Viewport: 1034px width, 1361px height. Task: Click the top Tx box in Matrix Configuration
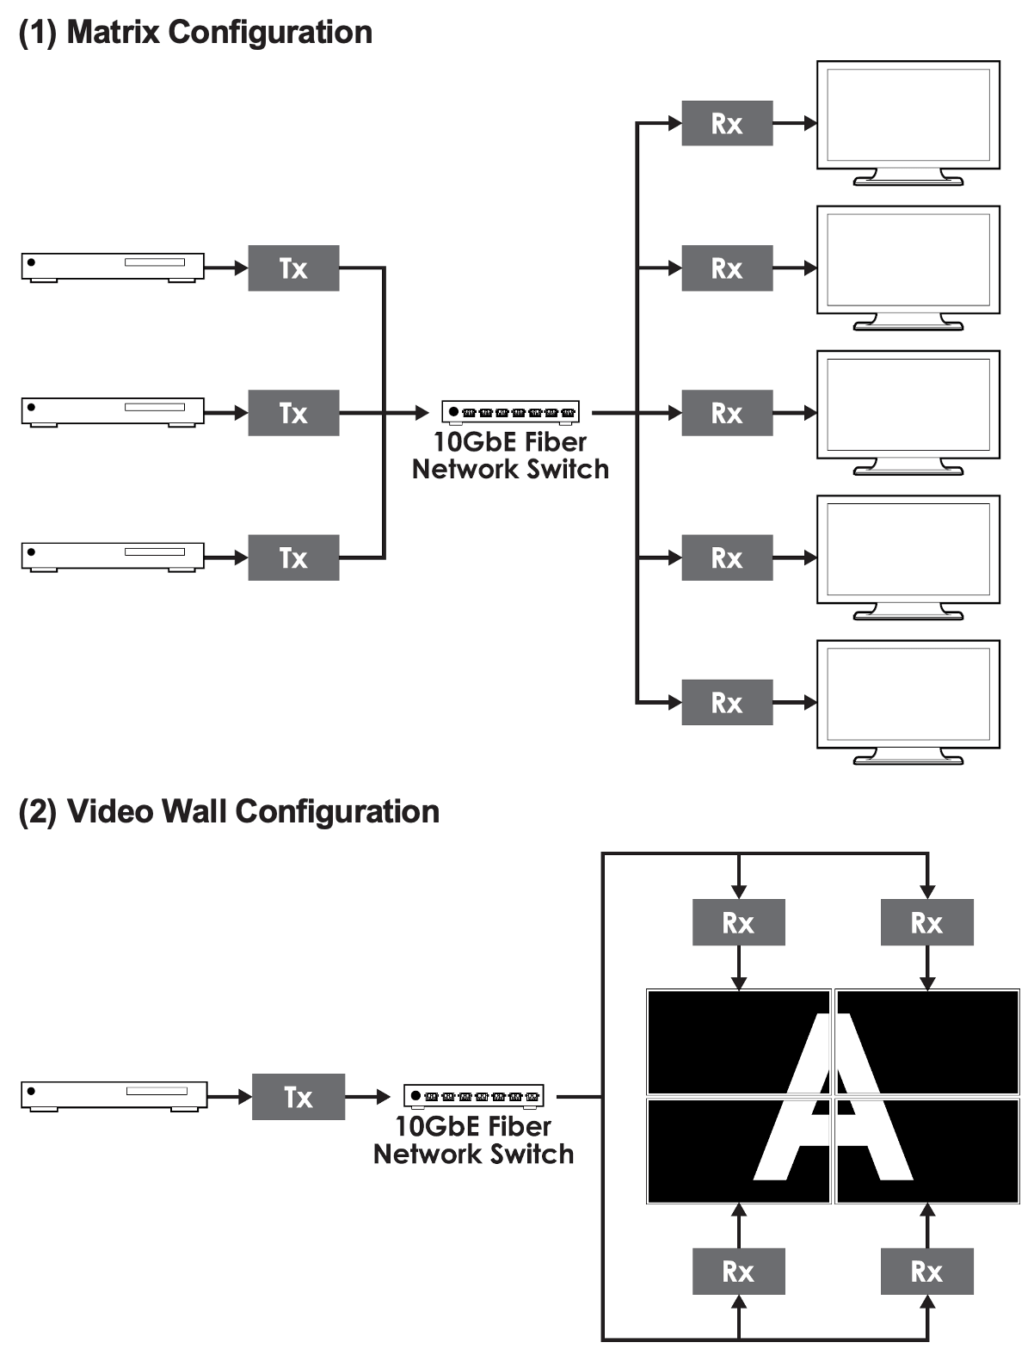coord(293,268)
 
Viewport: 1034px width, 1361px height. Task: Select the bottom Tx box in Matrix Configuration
coord(293,557)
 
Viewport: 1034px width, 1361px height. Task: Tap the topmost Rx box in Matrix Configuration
coord(727,123)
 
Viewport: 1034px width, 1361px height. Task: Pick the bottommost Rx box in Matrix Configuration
coord(727,703)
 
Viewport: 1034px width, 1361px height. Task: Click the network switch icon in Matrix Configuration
coord(510,412)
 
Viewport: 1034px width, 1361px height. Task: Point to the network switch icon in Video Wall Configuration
coord(474,1096)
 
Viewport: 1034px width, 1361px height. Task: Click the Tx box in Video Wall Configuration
coord(299,1097)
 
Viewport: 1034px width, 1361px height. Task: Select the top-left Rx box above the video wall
coord(738,922)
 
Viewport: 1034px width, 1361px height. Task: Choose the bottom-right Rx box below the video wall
coord(926,1272)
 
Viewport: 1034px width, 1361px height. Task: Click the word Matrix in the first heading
coord(113,32)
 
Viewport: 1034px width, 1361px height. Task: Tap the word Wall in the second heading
coord(194,811)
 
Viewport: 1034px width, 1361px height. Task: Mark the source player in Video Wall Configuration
coord(114,1096)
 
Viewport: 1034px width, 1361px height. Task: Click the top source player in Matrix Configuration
coord(113,268)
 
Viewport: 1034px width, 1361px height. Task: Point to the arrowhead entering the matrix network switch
coord(422,412)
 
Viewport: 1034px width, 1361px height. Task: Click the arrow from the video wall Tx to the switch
coord(367,1097)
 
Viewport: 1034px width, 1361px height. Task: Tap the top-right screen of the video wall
coord(927,1043)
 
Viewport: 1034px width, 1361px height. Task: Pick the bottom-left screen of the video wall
coord(738,1151)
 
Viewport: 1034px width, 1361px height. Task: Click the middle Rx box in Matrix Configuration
coord(727,412)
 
